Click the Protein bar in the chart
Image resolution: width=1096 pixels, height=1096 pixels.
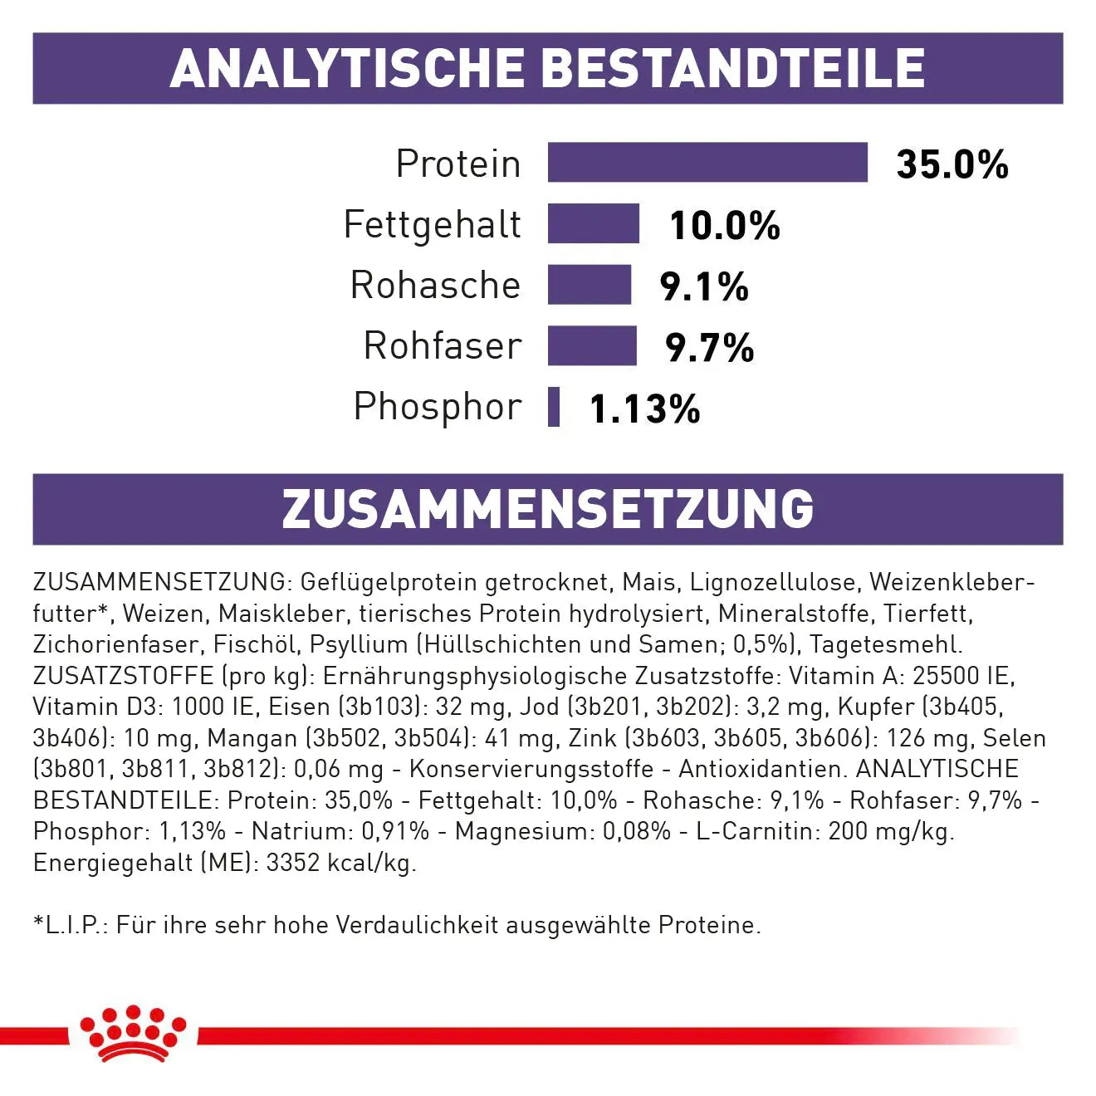pyautogui.click(x=707, y=163)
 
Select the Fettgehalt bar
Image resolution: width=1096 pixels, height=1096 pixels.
pyautogui.click(x=593, y=224)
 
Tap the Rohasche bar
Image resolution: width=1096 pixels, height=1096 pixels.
pyautogui.click(x=589, y=285)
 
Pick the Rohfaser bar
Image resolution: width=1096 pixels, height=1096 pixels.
pyautogui.click(x=591, y=345)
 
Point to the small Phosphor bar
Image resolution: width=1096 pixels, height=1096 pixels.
pyautogui.click(x=554, y=407)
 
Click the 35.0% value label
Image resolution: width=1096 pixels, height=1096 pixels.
pyautogui.click(x=952, y=164)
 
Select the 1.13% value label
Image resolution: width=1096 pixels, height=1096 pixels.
pyautogui.click(x=644, y=409)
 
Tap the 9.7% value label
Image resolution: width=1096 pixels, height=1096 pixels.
pyautogui.click(x=709, y=347)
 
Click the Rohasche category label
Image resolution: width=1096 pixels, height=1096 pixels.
pyautogui.click(x=435, y=285)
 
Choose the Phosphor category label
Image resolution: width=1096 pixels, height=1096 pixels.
pyautogui.click(x=438, y=407)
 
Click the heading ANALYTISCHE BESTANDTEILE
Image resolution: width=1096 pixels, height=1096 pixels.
pyautogui.click(x=547, y=68)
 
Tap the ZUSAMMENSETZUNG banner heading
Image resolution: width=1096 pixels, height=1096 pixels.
pyautogui.click(x=547, y=509)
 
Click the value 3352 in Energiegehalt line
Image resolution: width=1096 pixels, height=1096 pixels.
pyautogui.click(x=293, y=863)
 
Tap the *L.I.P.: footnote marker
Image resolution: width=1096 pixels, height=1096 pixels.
pyautogui.click(x=71, y=925)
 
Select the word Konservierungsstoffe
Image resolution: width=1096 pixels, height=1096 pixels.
pyautogui.click(x=531, y=769)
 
